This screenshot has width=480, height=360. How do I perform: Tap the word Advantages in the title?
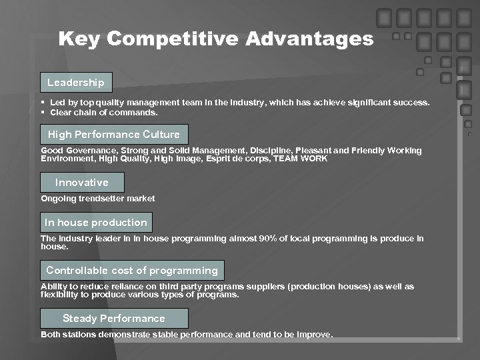click(309, 39)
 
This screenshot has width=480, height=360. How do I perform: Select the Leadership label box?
click(76, 83)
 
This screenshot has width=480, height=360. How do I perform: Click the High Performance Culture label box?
click(114, 135)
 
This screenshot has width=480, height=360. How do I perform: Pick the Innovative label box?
click(82, 183)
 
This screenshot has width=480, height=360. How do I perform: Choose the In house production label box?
click(96, 223)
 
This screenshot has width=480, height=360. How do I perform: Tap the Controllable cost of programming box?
click(132, 271)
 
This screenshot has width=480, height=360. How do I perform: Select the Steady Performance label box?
click(114, 319)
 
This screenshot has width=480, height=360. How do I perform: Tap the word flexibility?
click(62, 295)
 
